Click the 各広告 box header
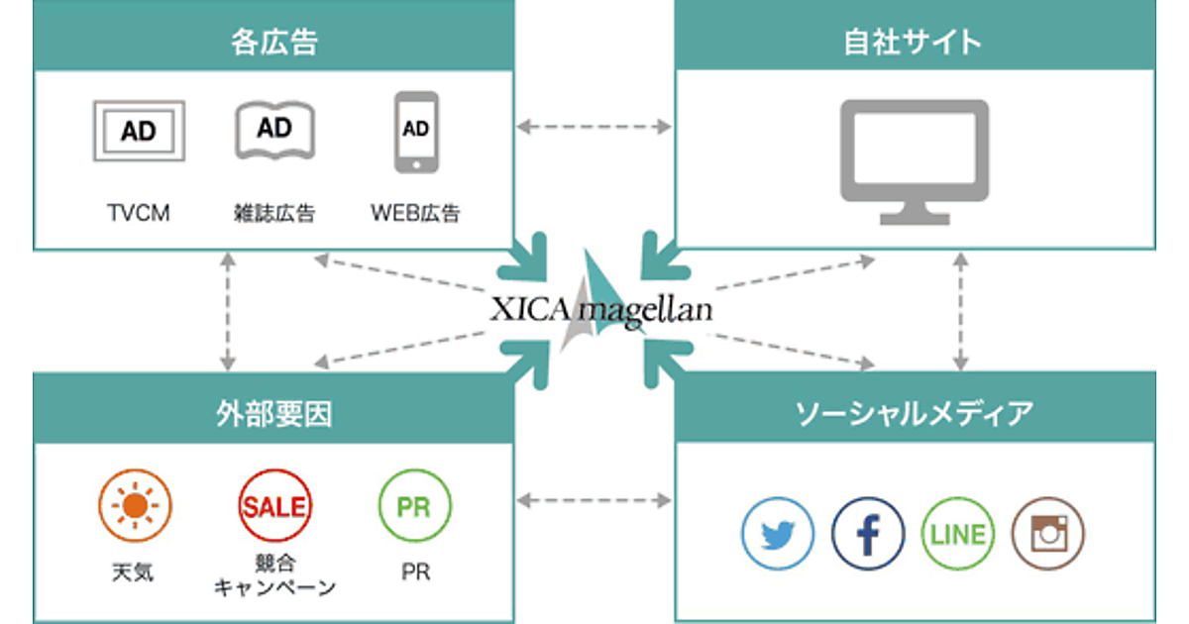point(274,41)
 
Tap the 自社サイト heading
point(914,41)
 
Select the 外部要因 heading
point(274,414)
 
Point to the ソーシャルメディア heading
point(914,414)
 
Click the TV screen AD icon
point(139,130)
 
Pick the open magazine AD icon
point(274,129)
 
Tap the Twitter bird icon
point(778,534)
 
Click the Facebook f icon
point(868,534)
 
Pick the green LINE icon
point(958,534)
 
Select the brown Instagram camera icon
point(1047,534)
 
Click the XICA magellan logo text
point(600,311)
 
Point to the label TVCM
point(139,213)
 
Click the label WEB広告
point(415,213)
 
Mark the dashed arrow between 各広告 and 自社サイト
point(594,127)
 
